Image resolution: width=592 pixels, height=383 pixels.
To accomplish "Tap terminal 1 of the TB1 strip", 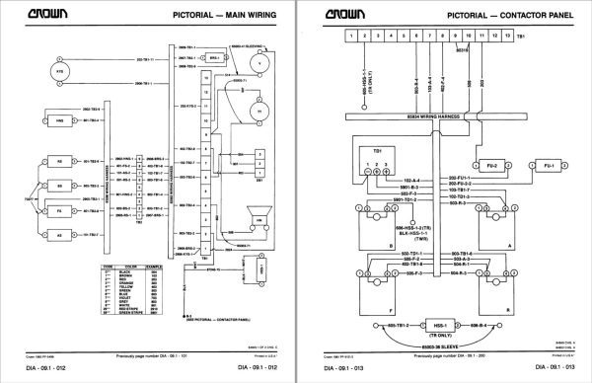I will [x=350, y=36].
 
